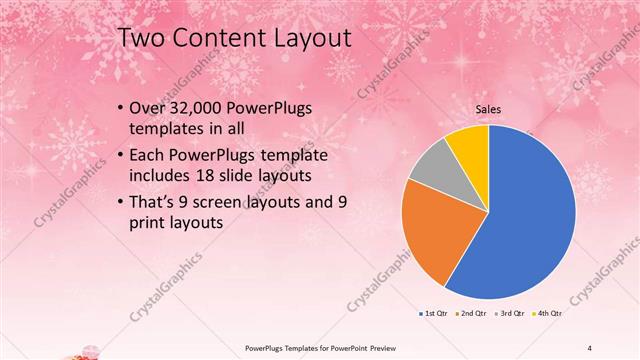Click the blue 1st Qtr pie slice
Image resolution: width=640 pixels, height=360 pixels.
click(x=530, y=210)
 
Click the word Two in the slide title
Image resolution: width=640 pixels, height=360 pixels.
click(x=143, y=38)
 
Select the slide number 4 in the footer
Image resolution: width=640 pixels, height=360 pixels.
click(x=590, y=347)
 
